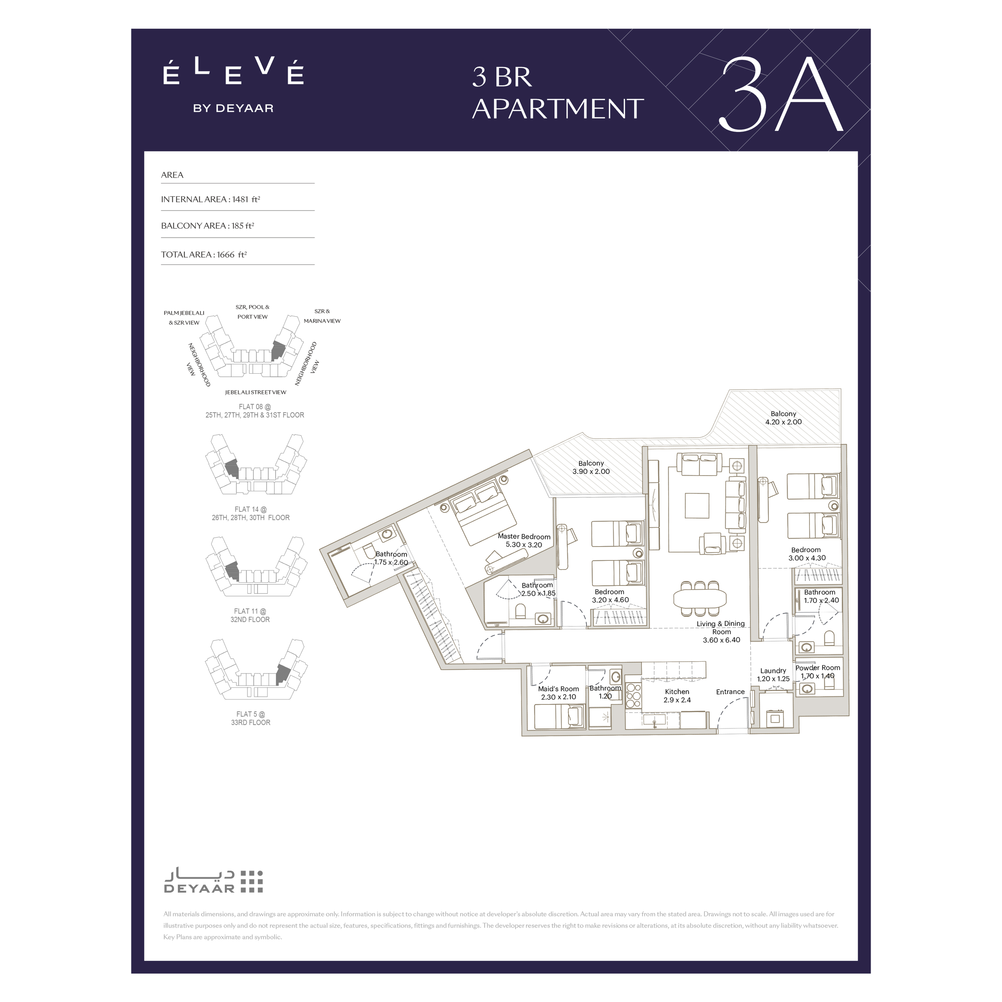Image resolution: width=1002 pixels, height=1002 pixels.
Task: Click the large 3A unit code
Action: click(781, 95)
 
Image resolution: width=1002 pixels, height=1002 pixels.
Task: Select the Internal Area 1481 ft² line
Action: click(211, 199)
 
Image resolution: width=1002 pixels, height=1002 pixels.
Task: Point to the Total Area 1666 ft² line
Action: click(204, 255)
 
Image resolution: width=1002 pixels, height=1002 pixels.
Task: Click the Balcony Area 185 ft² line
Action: click(208, 226)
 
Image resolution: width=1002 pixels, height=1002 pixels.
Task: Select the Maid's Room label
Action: click(559, 693)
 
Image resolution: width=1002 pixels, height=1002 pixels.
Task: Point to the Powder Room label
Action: click(818, 672)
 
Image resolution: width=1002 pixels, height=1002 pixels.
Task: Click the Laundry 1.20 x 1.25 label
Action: click(773, 675)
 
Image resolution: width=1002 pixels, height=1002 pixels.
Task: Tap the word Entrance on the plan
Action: click(730, 692)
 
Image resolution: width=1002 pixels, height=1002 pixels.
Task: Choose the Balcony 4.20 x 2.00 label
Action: click(783, 418)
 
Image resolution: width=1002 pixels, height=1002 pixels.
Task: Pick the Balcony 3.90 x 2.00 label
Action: click(591, 467)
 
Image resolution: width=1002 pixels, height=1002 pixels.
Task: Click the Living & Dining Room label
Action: click(721, 632)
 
